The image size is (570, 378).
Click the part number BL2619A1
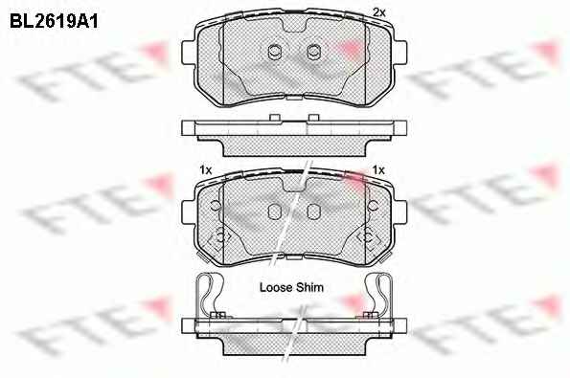click(x=54, y=22)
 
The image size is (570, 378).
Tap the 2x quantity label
click(x=378, y=12)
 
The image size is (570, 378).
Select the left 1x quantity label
click(x=205, y=170)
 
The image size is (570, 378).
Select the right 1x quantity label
click(x=378, y=170)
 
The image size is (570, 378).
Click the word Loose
click(x=276, y=288)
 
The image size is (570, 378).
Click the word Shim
click(x=309, y=288)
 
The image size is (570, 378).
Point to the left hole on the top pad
click(x=274, y=53)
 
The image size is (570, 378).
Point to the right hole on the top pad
click(x=313, y=53)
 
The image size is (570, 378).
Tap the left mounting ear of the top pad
click(x=189, y=53)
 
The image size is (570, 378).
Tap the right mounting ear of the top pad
click(x=399, y=53)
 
